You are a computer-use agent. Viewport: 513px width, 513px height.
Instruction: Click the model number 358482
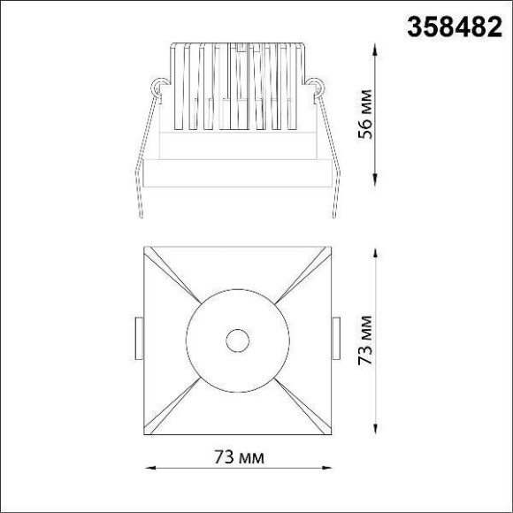coord(452,28)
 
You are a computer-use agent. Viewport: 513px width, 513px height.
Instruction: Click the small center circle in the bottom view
coord(236,339)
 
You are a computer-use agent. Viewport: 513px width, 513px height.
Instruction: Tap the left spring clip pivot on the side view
coord(158,88)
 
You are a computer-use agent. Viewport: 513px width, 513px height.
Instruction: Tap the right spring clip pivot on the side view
coord(315,88)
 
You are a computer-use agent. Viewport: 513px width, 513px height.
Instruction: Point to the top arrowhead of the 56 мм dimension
coord(378,46)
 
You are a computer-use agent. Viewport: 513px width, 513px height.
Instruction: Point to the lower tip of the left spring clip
coord(142,218)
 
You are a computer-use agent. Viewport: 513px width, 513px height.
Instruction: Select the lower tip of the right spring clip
coord(334,218)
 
